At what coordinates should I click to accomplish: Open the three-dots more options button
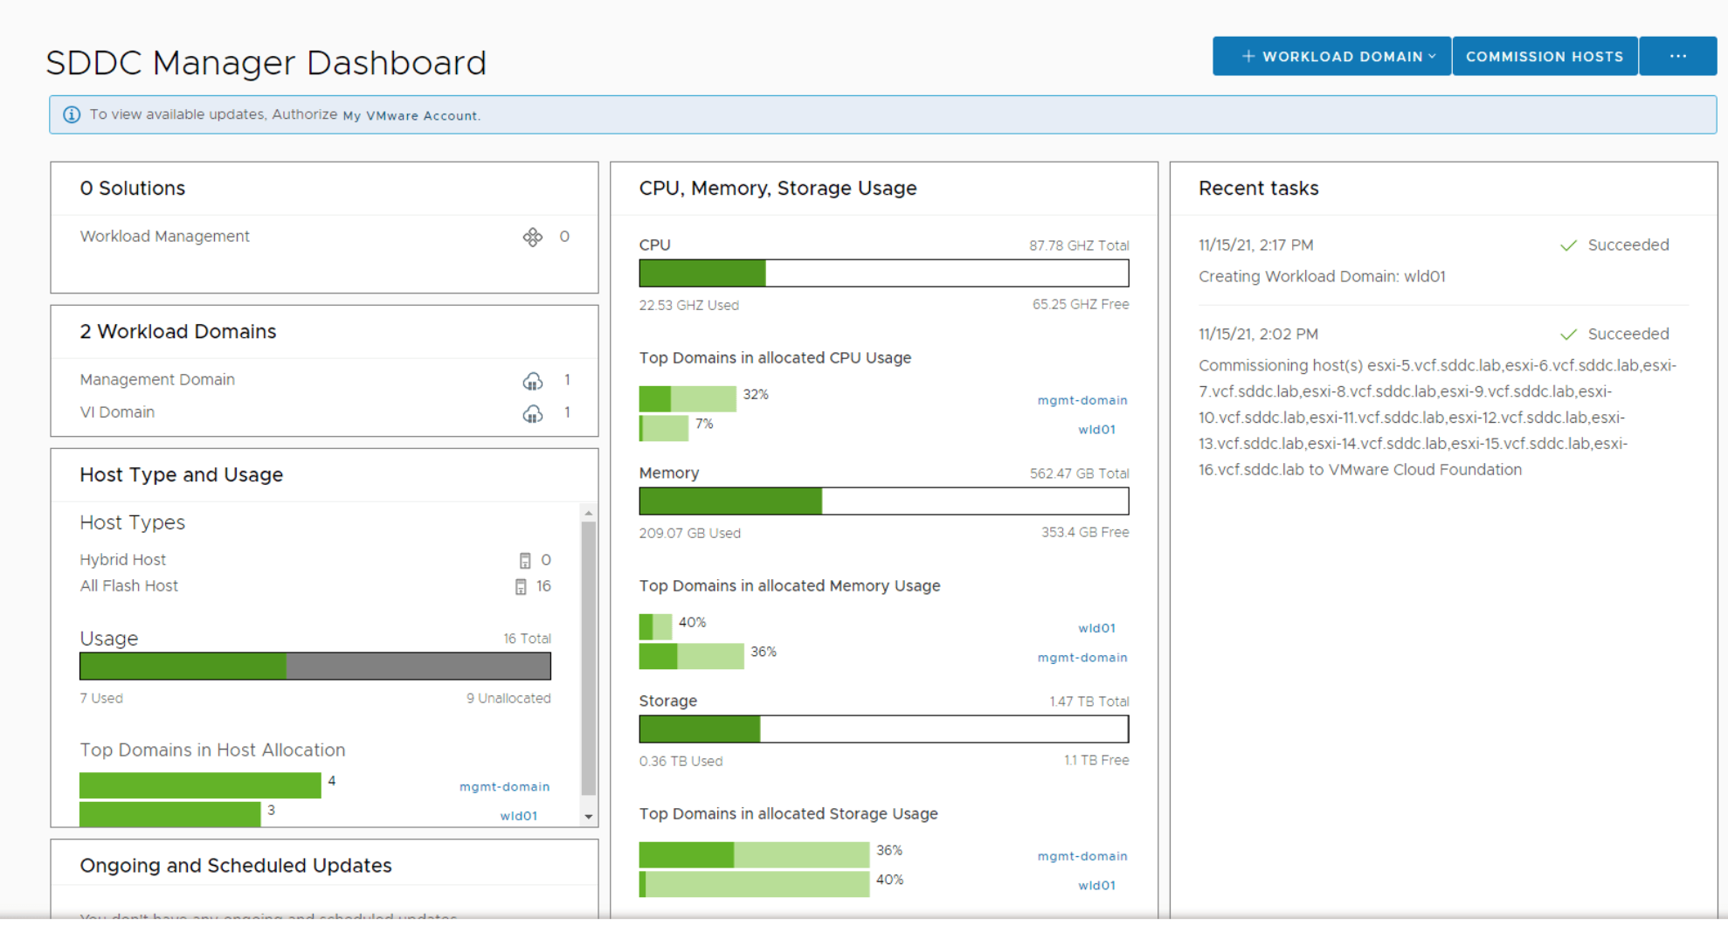point(1677,57)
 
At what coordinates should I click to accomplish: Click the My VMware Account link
point(411,115)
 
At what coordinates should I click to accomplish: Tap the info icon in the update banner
point(72,114)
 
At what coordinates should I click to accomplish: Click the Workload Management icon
point(533,237)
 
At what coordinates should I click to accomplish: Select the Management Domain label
point(157,380)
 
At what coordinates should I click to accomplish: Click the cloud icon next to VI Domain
point(533,413)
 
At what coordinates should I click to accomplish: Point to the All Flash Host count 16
point(543,586)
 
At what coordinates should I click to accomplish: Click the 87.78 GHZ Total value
point(1079,245)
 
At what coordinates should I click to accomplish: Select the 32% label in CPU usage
point(756,395)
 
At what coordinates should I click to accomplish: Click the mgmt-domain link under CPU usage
point(1082,400)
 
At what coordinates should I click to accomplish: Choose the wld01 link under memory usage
point(1096,628)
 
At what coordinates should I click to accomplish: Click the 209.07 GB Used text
point(689,533)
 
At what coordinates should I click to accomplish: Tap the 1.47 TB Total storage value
point(1089,701)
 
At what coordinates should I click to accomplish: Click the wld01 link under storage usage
point(1096,885)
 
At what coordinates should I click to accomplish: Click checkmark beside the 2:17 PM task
point(1568,245)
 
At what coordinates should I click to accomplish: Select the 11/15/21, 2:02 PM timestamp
point(1258,335)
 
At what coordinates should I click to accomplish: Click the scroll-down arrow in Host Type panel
point(589,817)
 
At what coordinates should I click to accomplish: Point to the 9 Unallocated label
point(508,698)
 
